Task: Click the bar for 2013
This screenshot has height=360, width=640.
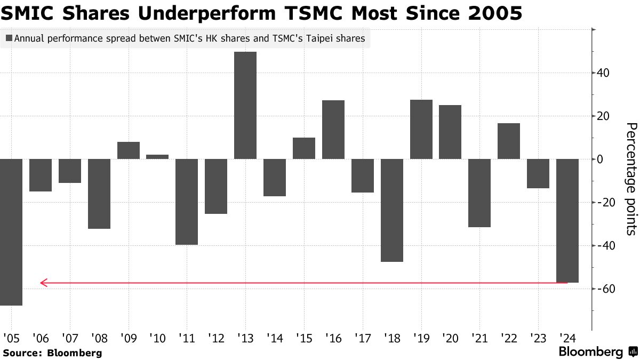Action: click(x=245, y=105)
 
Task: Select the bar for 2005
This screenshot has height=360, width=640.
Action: click(x=11, y=232)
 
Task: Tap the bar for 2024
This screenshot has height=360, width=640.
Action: click(x=567, y=220)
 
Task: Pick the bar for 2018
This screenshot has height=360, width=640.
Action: click(x=392, y=210)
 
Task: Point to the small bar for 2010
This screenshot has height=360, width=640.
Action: click(x=157, y=157)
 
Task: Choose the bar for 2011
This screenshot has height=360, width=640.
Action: click(x=187, y=202)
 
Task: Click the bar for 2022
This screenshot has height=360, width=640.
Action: click(x=509, y=141)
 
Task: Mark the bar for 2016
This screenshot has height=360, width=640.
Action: click(x=333, y=130)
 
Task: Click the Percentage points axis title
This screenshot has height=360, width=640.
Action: click(x=630, y=179)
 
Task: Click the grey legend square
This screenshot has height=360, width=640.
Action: click(x=9, y=38)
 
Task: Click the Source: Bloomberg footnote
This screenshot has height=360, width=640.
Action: click(x=52, y=353)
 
